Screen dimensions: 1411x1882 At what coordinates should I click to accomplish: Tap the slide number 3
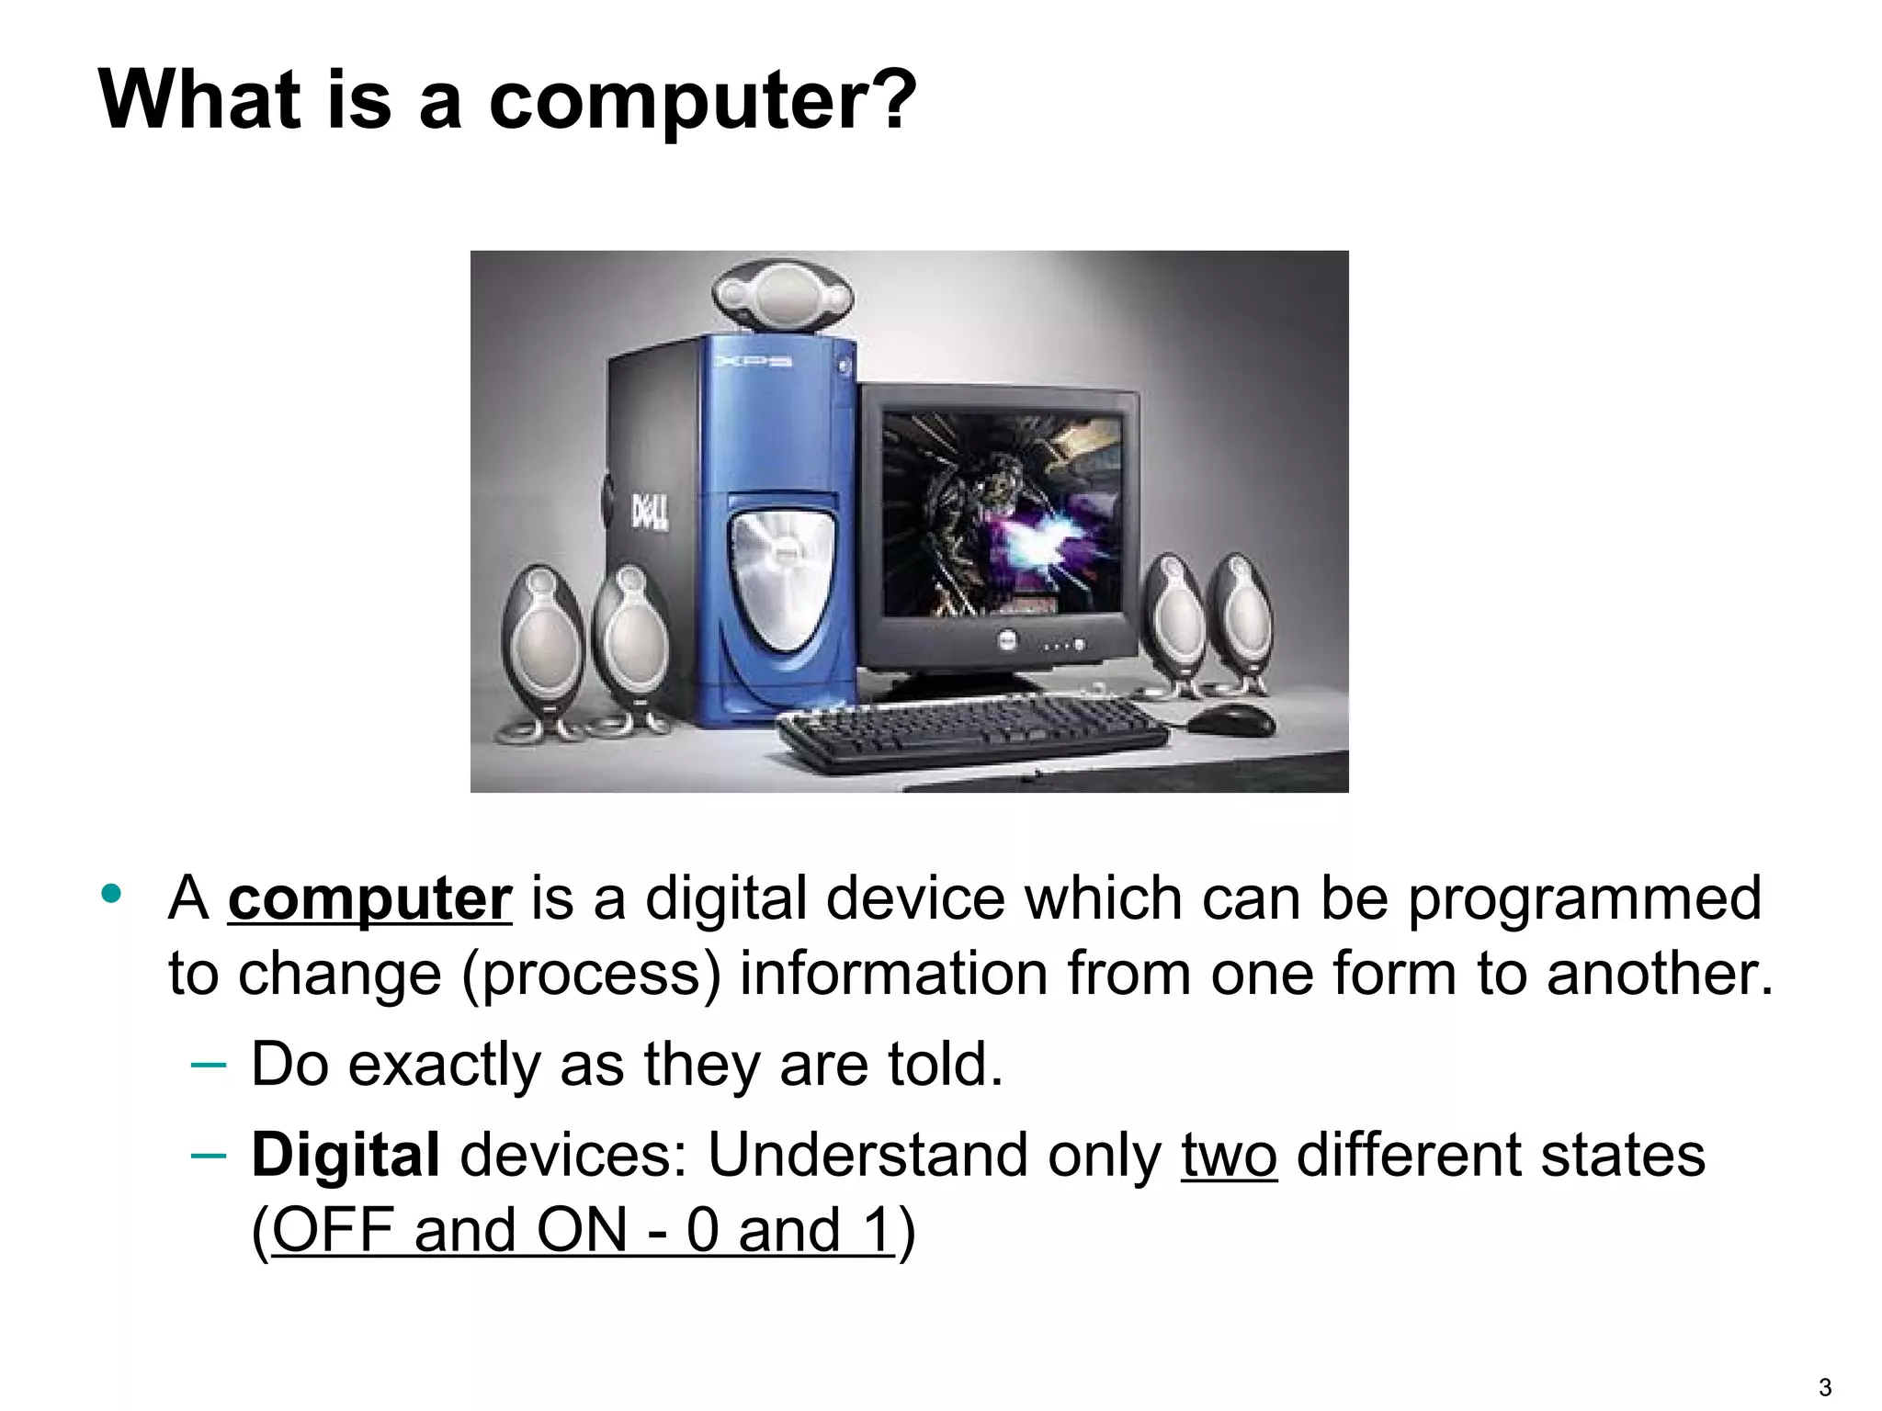pos(1824,1387)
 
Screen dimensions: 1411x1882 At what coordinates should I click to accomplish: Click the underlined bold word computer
pos(369,899)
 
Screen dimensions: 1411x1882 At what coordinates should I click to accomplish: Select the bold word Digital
pos(346,1155)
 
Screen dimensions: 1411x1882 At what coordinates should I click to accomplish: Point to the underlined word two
pos(1229,1155)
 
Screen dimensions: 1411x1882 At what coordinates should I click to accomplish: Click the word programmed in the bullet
pos(1585,899)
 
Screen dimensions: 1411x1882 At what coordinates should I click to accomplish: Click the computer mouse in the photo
pos(1231,718)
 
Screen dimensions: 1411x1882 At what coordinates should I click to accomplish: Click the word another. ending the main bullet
pos(1660,974)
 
